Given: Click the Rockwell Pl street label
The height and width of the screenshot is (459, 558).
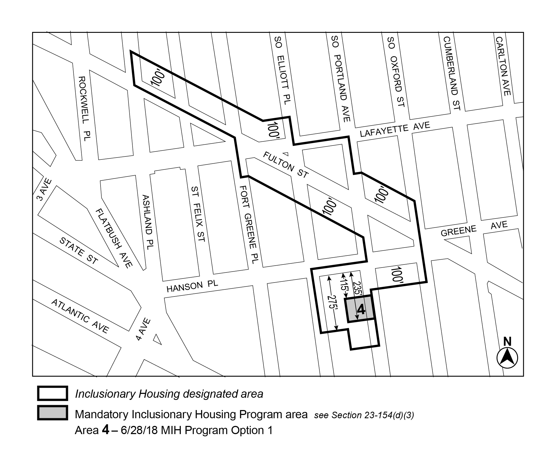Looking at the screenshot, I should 85,108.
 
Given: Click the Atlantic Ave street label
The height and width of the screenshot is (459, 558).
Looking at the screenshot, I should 80,316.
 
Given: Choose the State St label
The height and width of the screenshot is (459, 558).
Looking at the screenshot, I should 79,251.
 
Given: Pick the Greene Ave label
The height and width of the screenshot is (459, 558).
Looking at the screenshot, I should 474,229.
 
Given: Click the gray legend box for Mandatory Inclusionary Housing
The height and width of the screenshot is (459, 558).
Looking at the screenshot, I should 52,413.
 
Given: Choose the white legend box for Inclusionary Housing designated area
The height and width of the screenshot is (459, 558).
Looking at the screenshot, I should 52,393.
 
